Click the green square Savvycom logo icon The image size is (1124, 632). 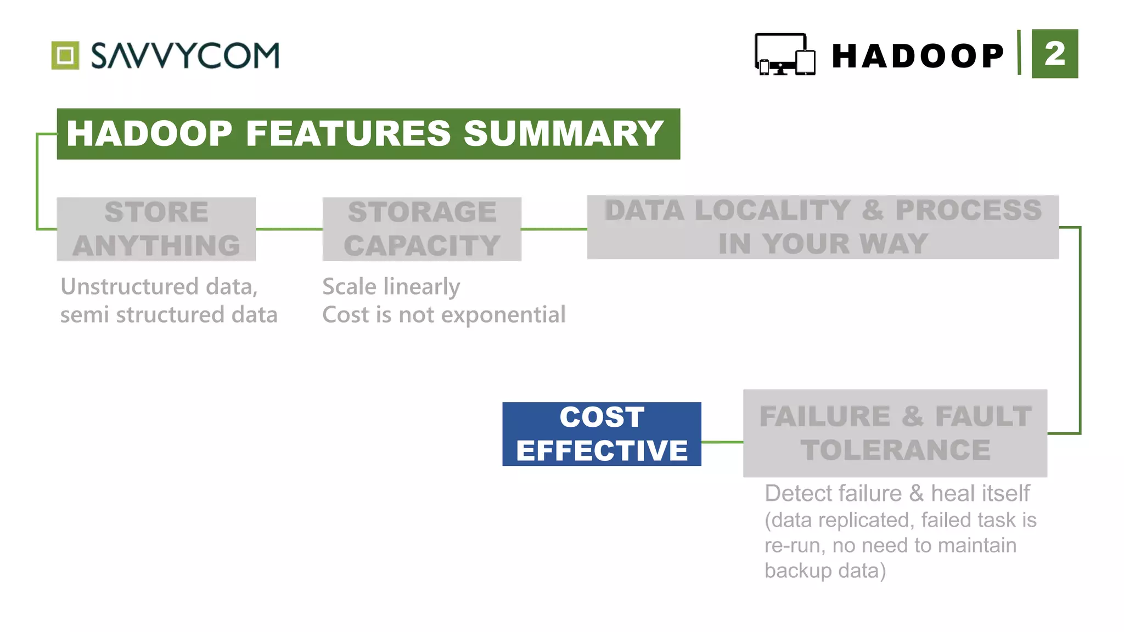(x=65, y=55)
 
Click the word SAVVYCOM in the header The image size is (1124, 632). (x=185, y=55)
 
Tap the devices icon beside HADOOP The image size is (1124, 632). (x=785, y=54)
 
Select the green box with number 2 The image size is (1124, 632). (x=1054, y=54)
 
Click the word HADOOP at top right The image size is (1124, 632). (x=918, y=56)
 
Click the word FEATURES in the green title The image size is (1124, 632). (x=349, y=134)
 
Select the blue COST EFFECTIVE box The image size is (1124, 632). (x=602, y=434)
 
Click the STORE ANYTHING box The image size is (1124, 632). (x=156, y=229)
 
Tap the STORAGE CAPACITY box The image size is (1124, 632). (x=421, y=229)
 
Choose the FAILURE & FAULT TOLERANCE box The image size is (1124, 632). (x=895, y=433)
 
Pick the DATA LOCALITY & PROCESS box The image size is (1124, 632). (x=823, y=227)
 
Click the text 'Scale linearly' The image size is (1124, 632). (x=391, y=286)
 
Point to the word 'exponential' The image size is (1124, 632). (x=503, y=315)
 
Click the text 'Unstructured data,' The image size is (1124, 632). (x=159, y=286)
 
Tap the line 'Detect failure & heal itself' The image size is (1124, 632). (x=897, y=493)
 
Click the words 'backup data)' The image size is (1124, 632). (x=825, y=571)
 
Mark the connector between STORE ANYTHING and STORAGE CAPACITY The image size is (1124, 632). (x=289, y=229)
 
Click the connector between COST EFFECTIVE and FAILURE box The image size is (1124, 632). (x=722, y=442)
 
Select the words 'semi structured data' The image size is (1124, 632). (x=168, y=315)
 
